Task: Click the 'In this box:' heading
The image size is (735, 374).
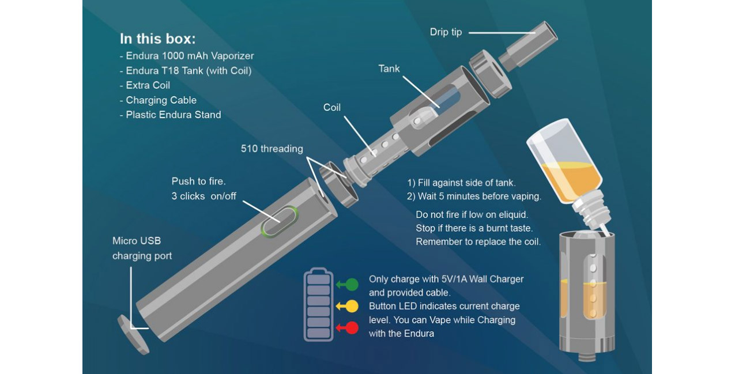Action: tap(157, 39)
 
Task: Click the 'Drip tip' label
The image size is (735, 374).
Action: tap(446, 32)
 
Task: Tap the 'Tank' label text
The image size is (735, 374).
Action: tap(389, 69)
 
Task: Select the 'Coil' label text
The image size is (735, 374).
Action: tap(332, 108)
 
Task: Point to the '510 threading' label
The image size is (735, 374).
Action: tap(272, 149)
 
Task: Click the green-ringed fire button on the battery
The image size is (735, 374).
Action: tap(280, 221)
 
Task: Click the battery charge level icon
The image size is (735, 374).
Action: tap(318, 304)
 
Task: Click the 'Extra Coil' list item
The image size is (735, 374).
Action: tap(148, 85)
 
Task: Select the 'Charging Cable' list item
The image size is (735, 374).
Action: tap(161, 100)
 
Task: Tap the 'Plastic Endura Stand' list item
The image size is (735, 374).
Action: tap(173, 115)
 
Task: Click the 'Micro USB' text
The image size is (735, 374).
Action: tap(137, 241)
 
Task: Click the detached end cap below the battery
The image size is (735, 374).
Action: tap(133, 334)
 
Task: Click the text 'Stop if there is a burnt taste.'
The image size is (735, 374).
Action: tap(474, 228)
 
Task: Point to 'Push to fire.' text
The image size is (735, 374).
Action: tap(198, 182)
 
